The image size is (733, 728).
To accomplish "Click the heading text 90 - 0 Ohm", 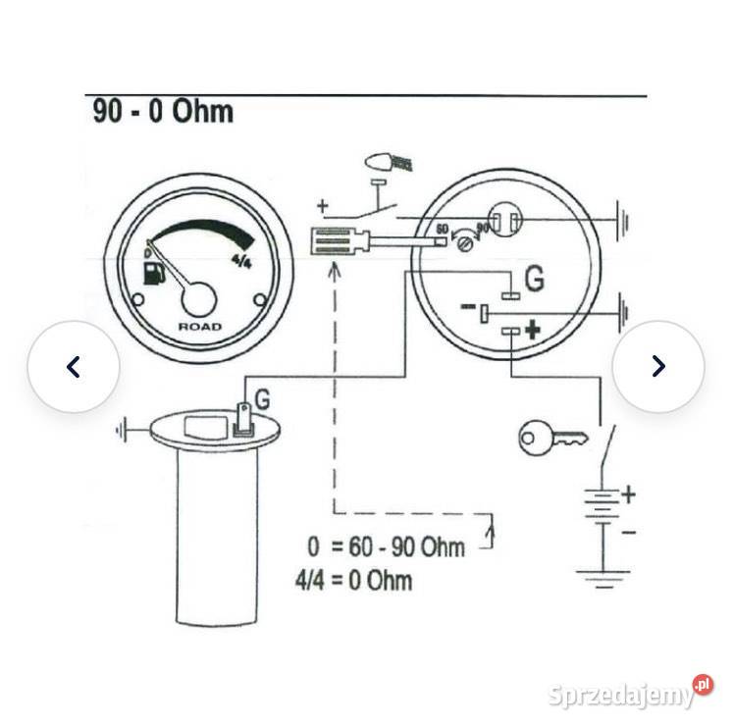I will (x=163, y=111).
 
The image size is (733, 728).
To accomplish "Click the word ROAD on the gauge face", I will (x=199, y=326).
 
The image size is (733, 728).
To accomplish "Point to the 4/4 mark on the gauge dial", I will (x=240, y=260).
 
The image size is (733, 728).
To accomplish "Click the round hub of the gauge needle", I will (x=200, y=296).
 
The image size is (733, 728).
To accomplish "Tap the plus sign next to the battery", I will (x=628, y=494).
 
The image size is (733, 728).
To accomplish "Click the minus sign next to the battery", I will (x=628, y=531).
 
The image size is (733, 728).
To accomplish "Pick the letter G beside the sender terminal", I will (x=262, y=398).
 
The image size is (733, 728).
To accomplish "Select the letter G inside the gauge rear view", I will (x=534, y=280).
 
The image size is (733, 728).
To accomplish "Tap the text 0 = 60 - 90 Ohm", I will (x=385, y=546).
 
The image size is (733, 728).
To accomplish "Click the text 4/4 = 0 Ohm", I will (x=353, y=579).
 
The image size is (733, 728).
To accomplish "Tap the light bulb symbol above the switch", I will (x=383, y=161).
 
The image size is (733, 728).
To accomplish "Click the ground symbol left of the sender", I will (x=125, y=429).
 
